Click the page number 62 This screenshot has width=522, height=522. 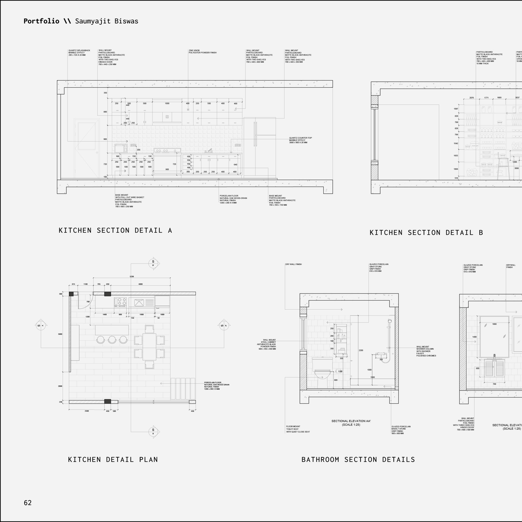pos(28,503)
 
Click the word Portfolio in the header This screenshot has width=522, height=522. pos(41,21)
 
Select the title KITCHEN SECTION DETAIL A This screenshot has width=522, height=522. pos(115,230)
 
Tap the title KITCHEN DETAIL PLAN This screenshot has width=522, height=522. pos(113,460)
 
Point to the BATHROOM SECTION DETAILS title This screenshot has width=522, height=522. pos(358,460)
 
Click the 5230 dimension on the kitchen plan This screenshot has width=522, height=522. pos(132,276)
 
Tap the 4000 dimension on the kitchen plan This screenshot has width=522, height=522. pos(141,284)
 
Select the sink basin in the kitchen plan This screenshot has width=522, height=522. pos(139,302)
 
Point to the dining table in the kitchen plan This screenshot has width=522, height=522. pos(149,347)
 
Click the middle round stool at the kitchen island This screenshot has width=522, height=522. pos(112,339)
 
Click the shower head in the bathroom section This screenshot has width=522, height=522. pos(390,321)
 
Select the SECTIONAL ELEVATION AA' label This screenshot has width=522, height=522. pos(351,421)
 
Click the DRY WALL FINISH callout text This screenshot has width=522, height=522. pos(293,264)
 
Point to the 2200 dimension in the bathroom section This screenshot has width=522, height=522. pos(361,350)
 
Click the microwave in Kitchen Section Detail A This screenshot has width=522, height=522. pos(121,148)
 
